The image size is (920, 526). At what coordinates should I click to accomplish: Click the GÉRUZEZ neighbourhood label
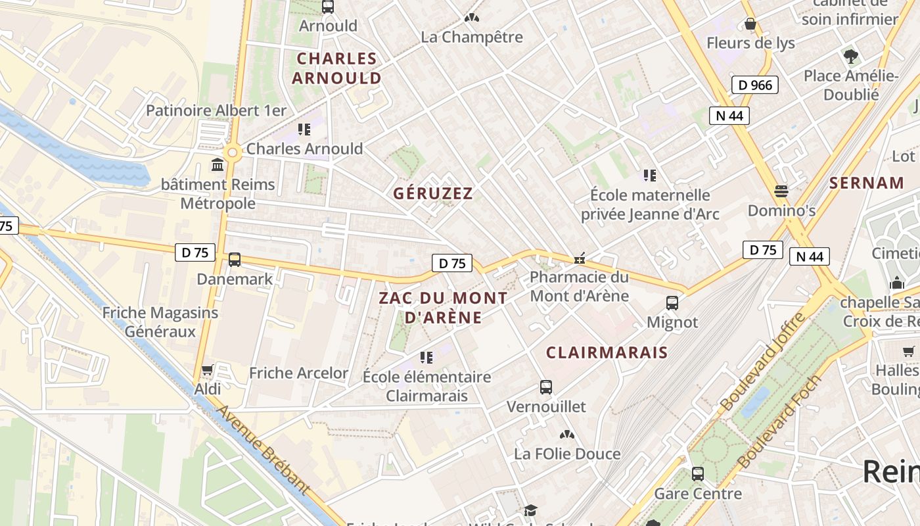pos(433,193)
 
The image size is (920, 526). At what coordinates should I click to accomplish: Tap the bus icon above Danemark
pos(235,260)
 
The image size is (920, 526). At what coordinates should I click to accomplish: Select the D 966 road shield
pos(755,85)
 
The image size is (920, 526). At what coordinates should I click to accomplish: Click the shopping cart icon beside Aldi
pos(208,370)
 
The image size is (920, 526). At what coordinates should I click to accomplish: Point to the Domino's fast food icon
pos(781,191)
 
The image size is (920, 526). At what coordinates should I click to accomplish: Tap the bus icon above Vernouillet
pos(546,387)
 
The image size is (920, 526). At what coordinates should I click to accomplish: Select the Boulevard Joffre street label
pos(762,362)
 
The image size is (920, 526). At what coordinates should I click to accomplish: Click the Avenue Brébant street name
pos(262,450)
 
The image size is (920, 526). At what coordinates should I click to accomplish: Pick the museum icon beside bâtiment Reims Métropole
pos(218,164)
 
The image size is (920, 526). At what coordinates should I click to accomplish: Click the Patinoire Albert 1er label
pos(216,110)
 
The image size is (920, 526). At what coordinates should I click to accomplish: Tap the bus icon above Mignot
pos(672,303)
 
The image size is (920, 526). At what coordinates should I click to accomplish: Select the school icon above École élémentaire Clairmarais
pos(426,357)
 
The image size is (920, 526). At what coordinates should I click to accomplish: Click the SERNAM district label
pos(866,183)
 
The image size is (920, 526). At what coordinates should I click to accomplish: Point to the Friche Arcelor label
pos(298,373)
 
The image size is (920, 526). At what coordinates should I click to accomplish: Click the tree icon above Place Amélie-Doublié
pos(851,57)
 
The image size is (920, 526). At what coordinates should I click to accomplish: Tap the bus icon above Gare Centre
pos(698,473)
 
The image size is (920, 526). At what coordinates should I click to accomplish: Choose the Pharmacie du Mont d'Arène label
pos(579,286)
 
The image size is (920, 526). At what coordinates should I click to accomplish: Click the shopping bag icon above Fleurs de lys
pos(750,24)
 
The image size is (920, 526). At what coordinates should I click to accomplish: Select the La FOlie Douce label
pos(567,454)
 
